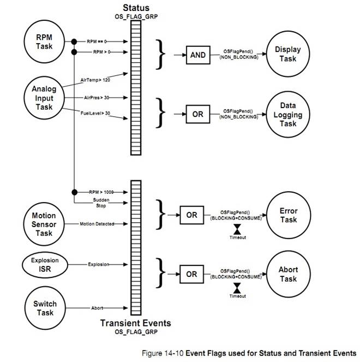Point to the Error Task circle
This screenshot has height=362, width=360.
point(287,215)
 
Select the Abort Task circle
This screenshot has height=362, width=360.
point(287,274)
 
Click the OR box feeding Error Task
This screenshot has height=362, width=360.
point(191,215)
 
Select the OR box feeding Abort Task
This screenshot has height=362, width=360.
point(191,274)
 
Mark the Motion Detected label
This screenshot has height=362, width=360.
point(97,224)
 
